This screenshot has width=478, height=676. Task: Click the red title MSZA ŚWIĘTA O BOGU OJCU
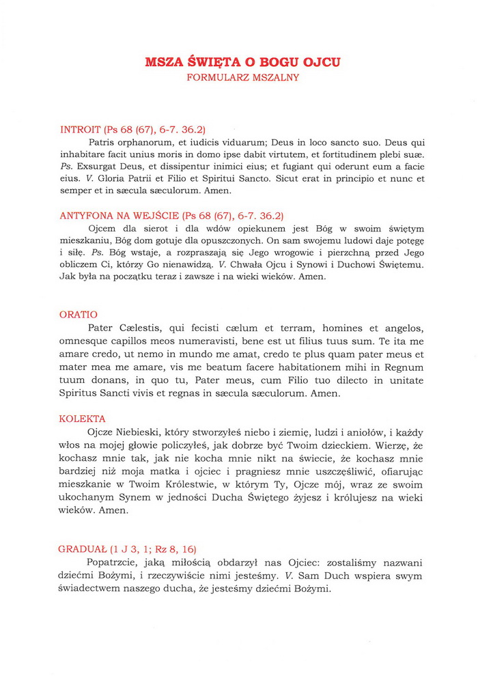tap(242, 63)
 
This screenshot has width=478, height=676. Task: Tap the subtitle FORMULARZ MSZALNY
tap(242, 78)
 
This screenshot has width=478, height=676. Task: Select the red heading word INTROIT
tap(81, 128)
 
